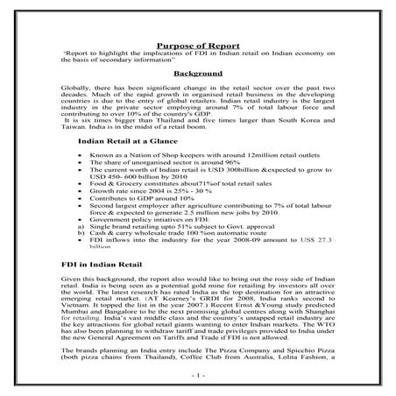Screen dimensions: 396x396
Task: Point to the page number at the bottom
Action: [x=198, y=375]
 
